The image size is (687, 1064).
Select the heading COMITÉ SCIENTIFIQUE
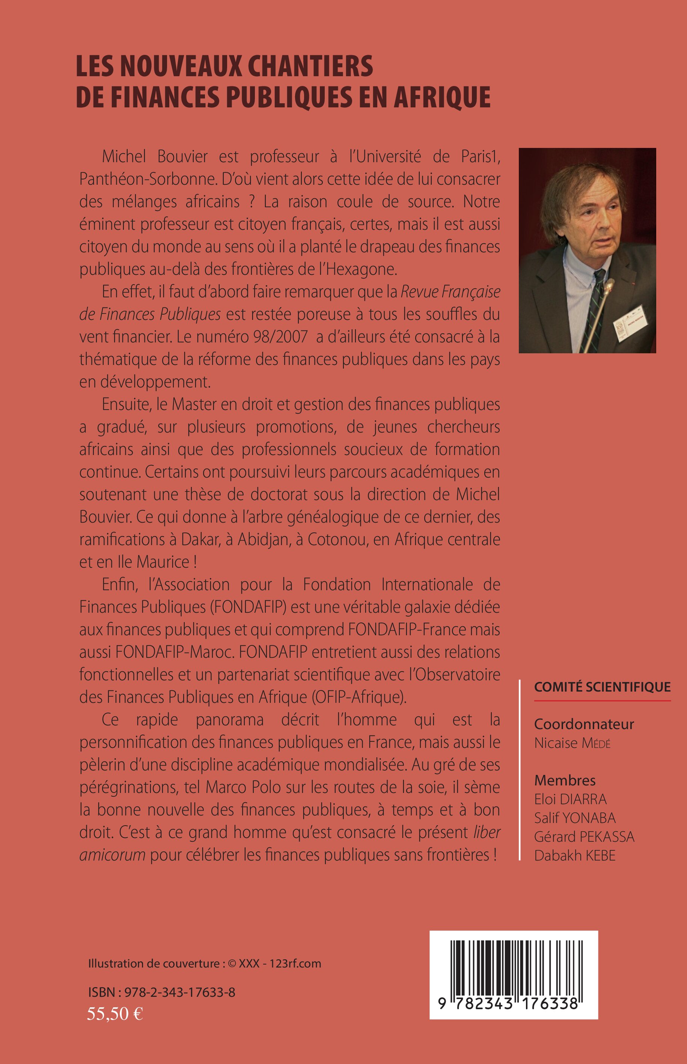coord(602,687)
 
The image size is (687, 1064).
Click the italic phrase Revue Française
coord(450,292)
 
